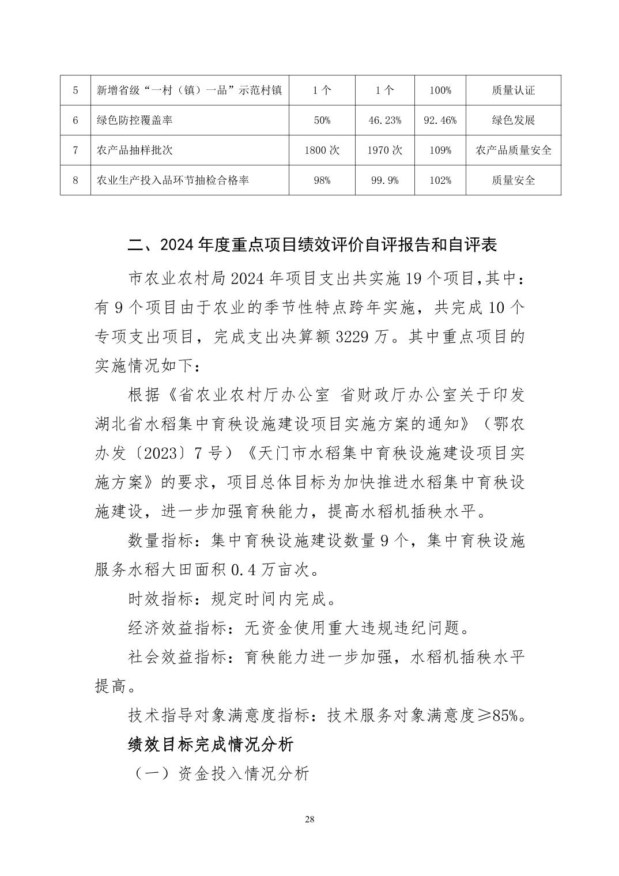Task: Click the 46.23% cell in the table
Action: click(x=384, y=120)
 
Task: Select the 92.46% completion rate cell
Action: click(x=440, y=120)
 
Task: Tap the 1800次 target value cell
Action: click(x=322, y=150)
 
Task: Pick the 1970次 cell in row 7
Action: click(x=384, y=150)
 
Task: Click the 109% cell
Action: click(x=440, y=150)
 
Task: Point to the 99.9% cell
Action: click(x=384, y=180)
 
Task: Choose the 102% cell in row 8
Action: click(x=440, y=180)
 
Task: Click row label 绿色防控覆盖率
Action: click(x=134, y=120)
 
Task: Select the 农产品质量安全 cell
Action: click(x=513, y=150)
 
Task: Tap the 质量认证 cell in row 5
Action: click(x=513, y=90)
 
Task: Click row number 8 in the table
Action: click(x=76, y=180)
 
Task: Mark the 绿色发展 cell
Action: click(x=513, y=120)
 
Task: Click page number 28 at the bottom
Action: click(x=309, y=820)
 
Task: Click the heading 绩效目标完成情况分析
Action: click(x=211, y=745)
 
